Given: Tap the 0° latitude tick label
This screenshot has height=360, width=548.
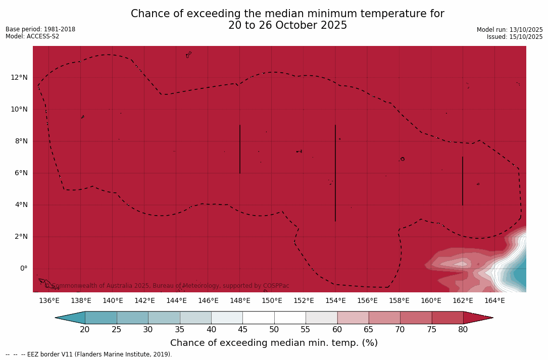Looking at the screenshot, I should click(23, 268).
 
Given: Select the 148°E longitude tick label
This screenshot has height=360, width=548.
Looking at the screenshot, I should click(240, 300).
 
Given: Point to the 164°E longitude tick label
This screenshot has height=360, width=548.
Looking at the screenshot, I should click(494, 300).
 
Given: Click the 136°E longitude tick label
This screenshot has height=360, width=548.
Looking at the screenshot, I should click(49, 300).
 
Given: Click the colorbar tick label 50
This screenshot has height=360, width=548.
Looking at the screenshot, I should click(274, 330).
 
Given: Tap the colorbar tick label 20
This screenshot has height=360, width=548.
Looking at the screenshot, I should click(85, 330).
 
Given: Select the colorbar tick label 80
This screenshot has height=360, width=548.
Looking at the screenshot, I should click(463, 330).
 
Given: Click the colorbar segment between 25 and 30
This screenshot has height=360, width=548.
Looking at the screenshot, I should click(132, 318).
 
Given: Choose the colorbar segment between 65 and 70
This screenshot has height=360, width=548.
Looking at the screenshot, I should click(384, 318).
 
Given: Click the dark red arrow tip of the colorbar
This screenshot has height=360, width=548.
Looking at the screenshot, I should click(480, 318).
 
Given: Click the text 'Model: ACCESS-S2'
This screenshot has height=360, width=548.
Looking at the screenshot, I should click(32, 36).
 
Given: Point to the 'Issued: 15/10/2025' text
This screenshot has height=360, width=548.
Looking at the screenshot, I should click(515, 37).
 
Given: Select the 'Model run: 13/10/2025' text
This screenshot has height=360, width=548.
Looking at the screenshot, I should click(510, 30).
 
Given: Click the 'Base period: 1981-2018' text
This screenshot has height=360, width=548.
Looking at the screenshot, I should click(40, 29).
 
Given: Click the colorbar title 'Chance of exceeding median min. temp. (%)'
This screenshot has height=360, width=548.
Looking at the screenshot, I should click(274, 343).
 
